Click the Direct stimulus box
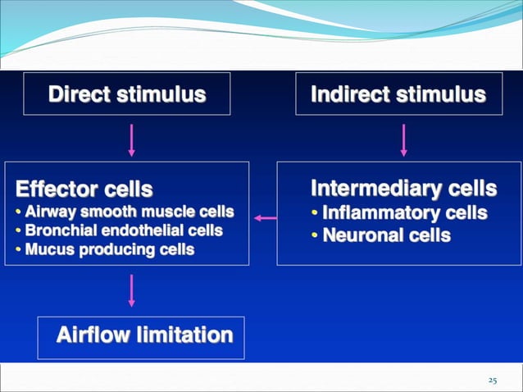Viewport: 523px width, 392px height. pyautogui.click(x=126, y=95)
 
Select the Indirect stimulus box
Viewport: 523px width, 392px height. pyautogui.click(x=398, y=95)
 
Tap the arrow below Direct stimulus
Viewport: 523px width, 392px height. pyautogui.click(x=131, y=139)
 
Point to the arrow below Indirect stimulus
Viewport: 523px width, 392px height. pyautogui.click(x=403, y=139)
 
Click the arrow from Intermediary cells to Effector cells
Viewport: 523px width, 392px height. pyautogui.click(x=264, y=217)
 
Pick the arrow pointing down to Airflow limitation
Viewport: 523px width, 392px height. pyautogui.click(x=131, y=290)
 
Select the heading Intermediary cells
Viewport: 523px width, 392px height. pyautogui.click(x=403, y=189)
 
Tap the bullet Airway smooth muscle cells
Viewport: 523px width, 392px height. pyautogui.click(x=125, y=212)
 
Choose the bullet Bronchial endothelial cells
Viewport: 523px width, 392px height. pyautogui.click(x=119, y=230)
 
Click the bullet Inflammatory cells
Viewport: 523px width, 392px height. pyautogui.click(x=398, y=214)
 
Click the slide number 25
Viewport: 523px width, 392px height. pyautogui.click(x=493, y=380)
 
